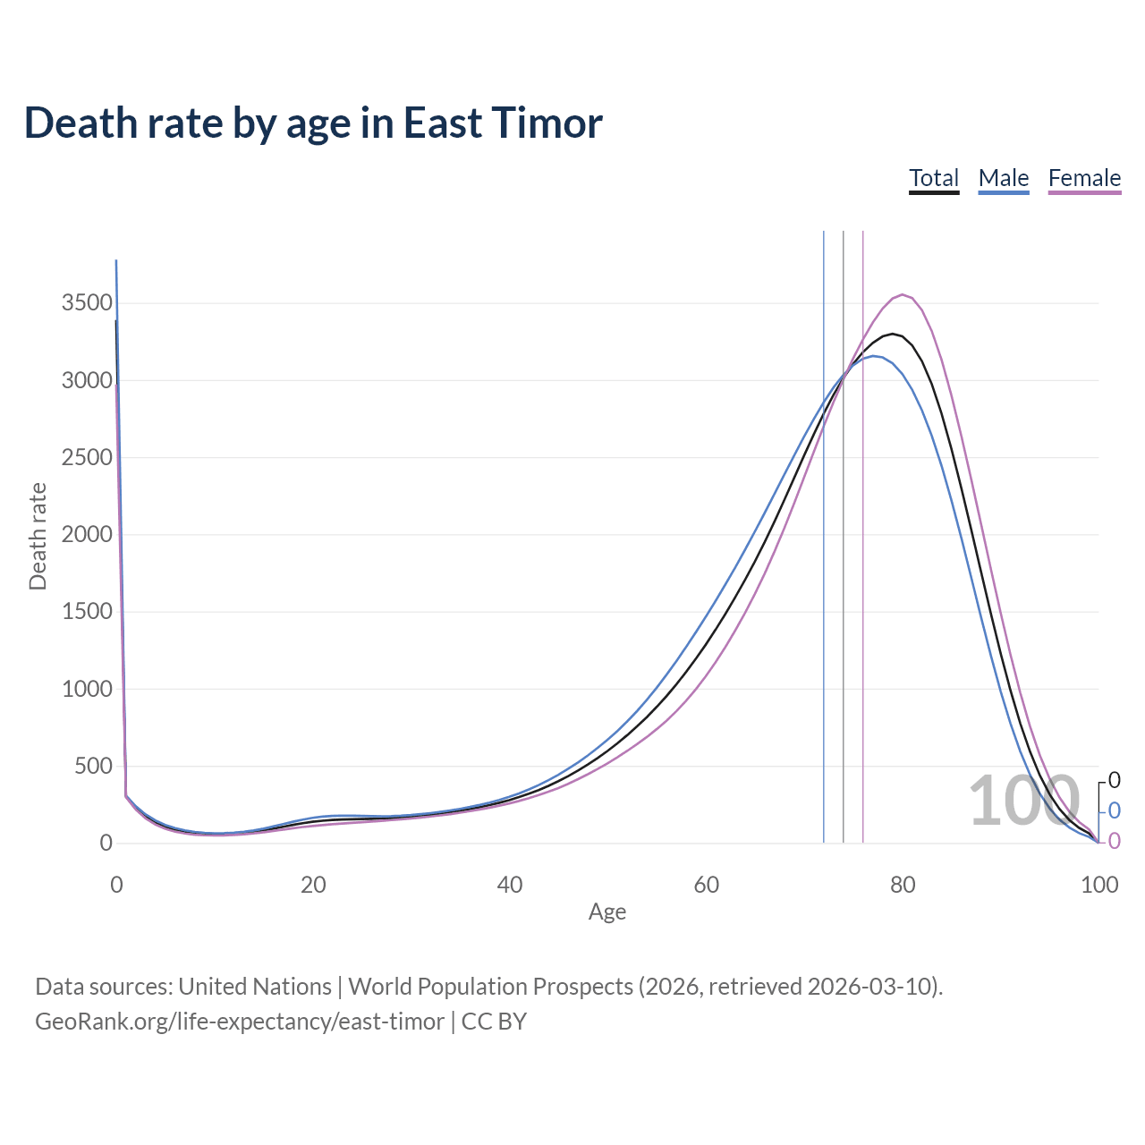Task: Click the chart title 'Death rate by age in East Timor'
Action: coord(313,123)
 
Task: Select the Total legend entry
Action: coord(934,178)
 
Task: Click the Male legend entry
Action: coord(1004,178)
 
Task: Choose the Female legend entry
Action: coord(1084,178)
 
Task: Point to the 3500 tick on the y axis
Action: coord(87,302)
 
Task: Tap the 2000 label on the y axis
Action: coord(87,534)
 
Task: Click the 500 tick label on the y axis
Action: coord(93,766)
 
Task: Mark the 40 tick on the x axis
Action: coord(509,885)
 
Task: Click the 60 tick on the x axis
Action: coord(706,885)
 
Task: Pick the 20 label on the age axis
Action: coord(313,885)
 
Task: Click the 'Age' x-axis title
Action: coord(607,912)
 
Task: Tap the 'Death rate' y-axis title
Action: coord(38,536)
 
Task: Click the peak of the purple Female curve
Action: coord(903,294)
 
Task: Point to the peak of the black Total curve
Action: coord(893,334)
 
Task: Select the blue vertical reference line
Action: coord(824,537)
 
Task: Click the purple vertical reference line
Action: coord(863,537)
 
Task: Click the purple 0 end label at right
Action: coord(1114,841)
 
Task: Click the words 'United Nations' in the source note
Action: coord(255,986)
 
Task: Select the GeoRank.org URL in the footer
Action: coord(240,1021)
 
